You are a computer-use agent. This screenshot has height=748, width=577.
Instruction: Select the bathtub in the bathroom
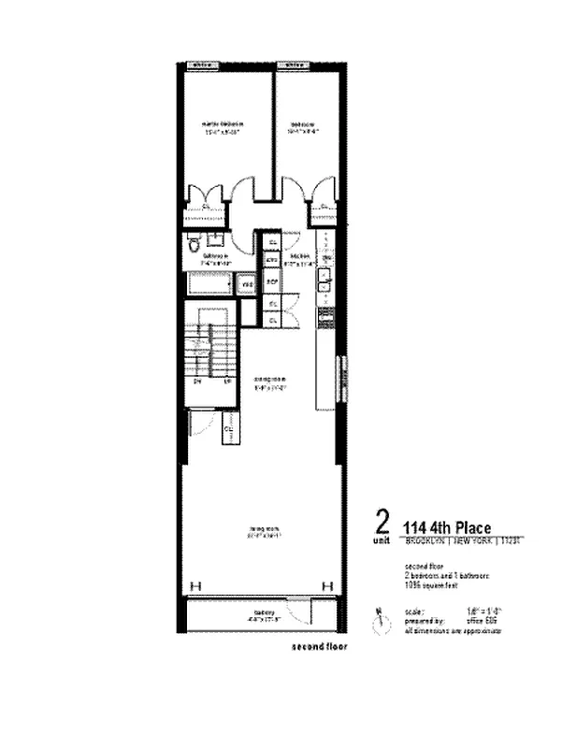pyautogui.click(x=208, y=282)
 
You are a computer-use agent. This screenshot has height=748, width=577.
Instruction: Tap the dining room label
pyautogui.click(x=268, y=381)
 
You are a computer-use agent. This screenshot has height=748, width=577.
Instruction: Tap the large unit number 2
pyautogui.click(x=381, y=521)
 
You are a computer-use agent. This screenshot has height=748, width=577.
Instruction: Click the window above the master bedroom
pyautogui.click(x=201, y=65)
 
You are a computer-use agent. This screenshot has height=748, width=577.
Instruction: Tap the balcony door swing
pyautogui.click(x=301, y=613)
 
